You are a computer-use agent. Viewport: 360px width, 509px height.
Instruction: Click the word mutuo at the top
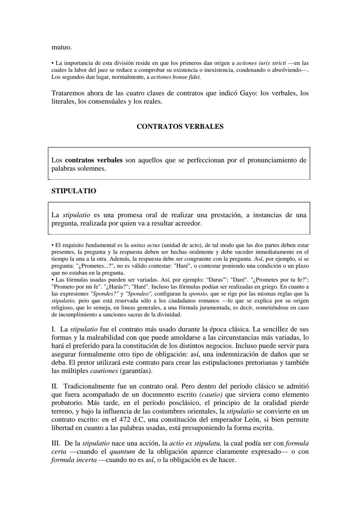point(61,47)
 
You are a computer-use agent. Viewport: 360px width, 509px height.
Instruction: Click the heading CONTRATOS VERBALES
point(180,127)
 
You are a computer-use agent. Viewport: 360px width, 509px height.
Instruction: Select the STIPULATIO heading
point(74,191)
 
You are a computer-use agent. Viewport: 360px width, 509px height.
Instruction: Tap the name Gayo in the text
point(248,93)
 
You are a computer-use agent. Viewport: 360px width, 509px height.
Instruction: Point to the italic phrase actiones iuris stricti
point(261,63)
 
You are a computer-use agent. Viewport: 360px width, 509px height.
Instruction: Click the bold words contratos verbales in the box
point(94,160)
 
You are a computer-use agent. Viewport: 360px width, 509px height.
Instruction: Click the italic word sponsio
point(198,293)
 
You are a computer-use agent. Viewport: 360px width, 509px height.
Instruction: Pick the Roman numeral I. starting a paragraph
point(54,329)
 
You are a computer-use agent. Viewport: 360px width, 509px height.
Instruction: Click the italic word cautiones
point(104,371)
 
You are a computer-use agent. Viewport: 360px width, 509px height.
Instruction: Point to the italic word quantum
point(122,452)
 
